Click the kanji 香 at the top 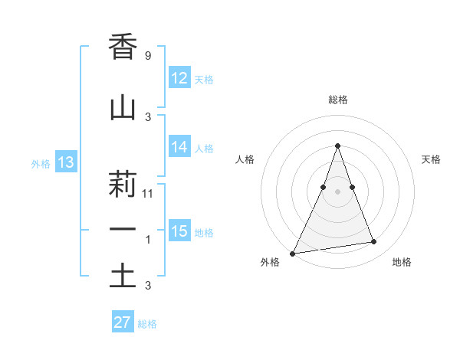(123, 47)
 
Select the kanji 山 (123, 108)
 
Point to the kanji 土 (123, 277)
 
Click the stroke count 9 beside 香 (147, 56)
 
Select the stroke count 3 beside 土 (147, 286)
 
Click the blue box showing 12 (179, 78)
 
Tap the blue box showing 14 (179, 147)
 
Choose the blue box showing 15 (179, 231)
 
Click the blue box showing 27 (123, 322)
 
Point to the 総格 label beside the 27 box (147, 324)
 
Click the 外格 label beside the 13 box (41, 163)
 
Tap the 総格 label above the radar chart (337, 100)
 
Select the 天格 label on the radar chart (432, 159)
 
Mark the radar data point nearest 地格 (374, 242)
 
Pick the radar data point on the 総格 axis (337, 146)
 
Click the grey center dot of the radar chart (337, 191)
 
